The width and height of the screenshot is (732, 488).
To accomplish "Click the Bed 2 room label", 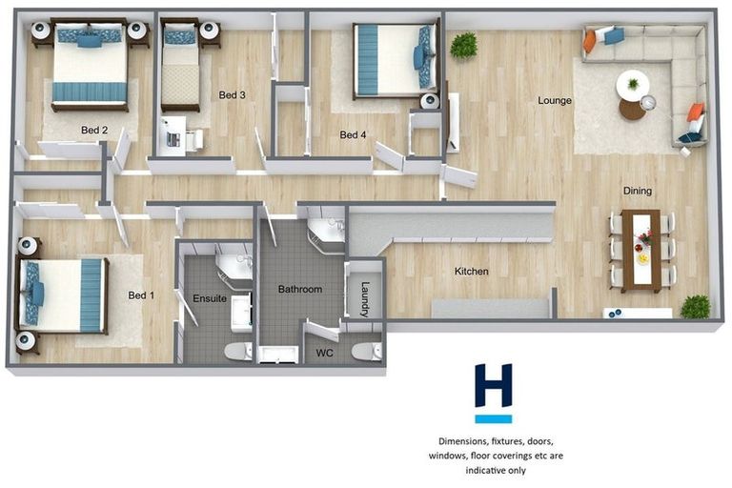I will tap(94, 131).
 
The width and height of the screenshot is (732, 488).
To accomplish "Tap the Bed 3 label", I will tap(233, 95).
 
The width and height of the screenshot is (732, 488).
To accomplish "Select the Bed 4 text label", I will tap(353, 135).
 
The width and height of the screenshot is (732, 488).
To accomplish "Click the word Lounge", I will tap(554, 100).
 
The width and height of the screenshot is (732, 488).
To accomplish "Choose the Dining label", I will tap(638, 191).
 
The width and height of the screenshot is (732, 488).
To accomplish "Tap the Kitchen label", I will tap(471, 272).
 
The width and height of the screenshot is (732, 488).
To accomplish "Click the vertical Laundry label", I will tap(364, 297).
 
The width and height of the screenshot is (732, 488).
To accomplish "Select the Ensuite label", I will tap(210, 298).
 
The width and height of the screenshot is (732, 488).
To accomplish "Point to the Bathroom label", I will tap(299, 289).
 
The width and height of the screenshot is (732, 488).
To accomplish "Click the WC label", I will tap(325, 352).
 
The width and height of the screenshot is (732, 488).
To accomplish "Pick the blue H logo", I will tap(494, 392).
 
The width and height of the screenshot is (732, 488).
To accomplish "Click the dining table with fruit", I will tap(640, 250).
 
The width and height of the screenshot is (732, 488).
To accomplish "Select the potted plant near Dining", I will tap(695, 306).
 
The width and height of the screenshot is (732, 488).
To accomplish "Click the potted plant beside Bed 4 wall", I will tap(464, 45).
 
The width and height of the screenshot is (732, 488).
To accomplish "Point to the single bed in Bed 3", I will tap(179, 67).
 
